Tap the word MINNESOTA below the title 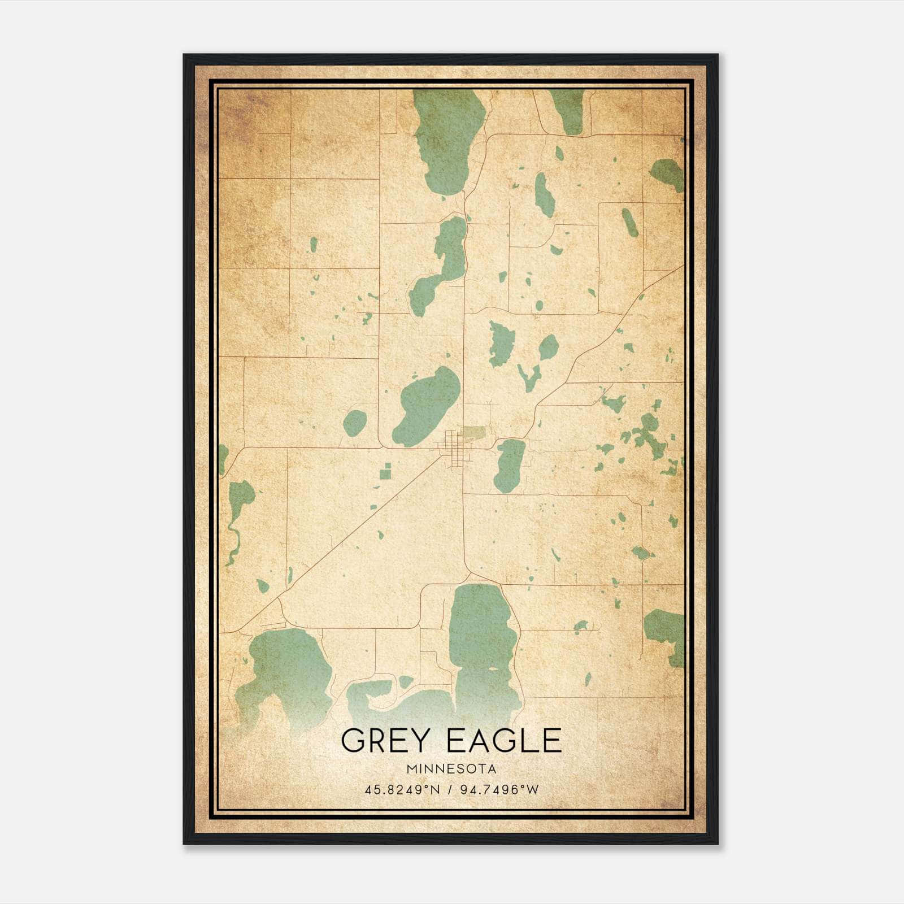click(x=451, y=769)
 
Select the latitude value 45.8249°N click(x=402, y=789)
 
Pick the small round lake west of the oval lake click(x=355, y=423)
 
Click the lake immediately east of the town click(x=510, y=465)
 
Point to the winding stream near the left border click(x=233, y=537)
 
